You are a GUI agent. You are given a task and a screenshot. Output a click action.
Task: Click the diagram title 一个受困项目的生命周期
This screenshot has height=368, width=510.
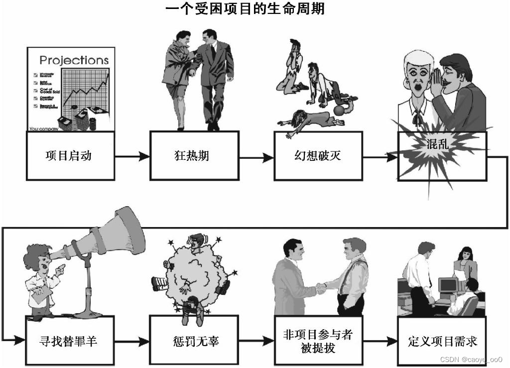245,9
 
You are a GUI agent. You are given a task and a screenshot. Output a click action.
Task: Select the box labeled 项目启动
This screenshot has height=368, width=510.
70,155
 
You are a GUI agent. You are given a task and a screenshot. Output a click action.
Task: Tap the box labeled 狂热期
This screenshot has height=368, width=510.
195,155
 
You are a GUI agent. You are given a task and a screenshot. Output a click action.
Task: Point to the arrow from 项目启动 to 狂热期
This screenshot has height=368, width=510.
132,156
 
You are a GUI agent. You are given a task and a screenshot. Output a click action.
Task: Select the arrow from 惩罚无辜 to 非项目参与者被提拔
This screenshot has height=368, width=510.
256,342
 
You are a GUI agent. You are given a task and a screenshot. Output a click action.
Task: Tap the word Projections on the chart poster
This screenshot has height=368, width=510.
74,60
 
